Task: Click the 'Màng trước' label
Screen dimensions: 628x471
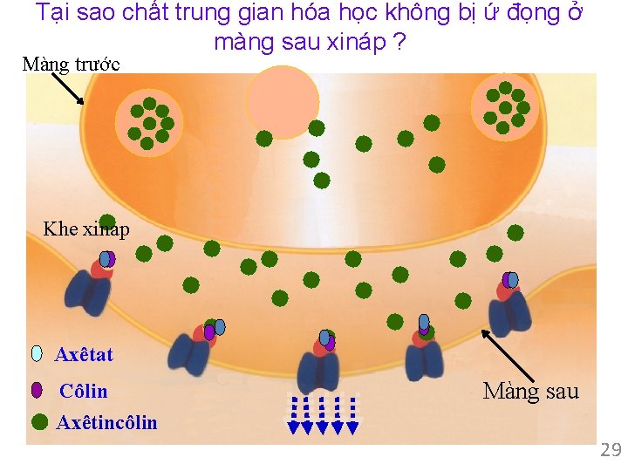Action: pos(72,64)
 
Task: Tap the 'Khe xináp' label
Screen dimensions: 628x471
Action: pos(86,229)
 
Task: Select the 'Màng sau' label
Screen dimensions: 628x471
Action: pos(530,391)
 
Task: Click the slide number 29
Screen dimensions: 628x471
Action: pos(610,450)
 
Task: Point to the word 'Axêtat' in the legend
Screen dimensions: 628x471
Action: pos(84,354)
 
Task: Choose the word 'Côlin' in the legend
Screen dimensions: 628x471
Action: pos(83,391)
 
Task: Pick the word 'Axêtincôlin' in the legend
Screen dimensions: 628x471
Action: pos(106,423)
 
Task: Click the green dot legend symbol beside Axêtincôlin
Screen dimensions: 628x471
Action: pos(39,422)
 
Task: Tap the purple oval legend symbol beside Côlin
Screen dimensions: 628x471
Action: pos(37,390)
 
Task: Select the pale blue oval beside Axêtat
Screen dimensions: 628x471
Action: pos(37,353)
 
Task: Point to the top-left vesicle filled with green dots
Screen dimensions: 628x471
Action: pos(149,121)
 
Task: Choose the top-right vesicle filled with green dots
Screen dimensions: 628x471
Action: pos(504,106)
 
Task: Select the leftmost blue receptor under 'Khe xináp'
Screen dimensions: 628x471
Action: pos(90,291)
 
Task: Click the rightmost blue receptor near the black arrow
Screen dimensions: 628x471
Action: pos(509,310)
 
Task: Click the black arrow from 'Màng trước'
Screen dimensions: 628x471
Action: pos(67,87)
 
